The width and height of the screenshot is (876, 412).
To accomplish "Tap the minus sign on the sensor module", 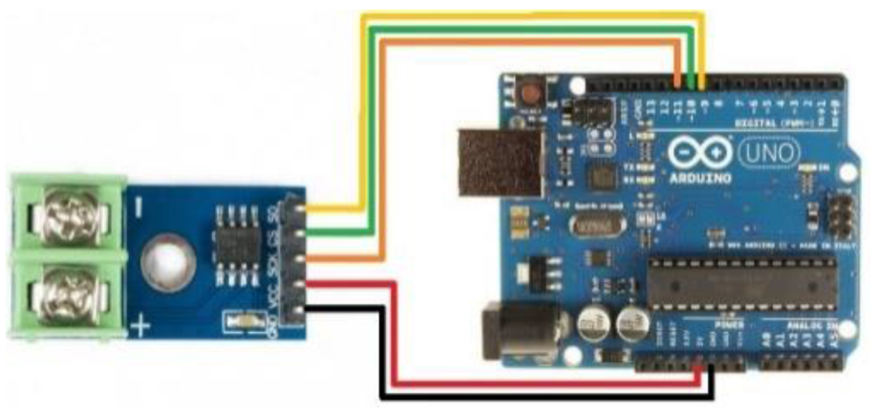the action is pyautogui.click(x=139, y=204).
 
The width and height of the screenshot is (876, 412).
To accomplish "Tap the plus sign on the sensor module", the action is pyautogui.click(x=140, y=330).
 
